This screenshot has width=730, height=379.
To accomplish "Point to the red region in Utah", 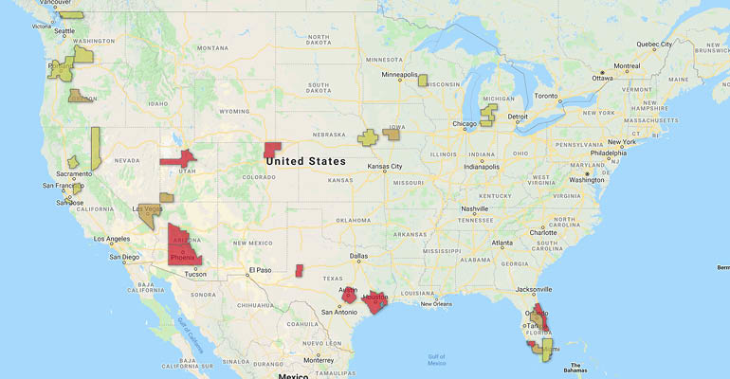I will click(x=177, y=157).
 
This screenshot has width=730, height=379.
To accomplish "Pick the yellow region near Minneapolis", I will click(x=423, y=81).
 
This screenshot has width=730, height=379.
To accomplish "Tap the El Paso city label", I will click(x=260, y=270).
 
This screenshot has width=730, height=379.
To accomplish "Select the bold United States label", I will click(x=306, y=161).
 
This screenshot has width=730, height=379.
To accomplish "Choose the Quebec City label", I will click(x=653, y=45).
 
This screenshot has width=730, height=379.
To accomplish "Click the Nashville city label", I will click(x=474, y=208).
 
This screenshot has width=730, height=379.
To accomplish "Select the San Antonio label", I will click(x=339, y=312).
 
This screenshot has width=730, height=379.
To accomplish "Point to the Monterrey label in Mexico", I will click(x=320, y=360).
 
